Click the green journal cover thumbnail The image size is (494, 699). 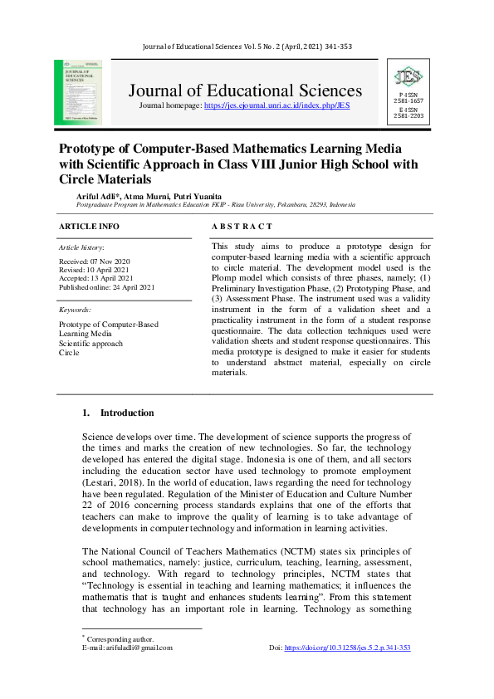[x=78, y=91]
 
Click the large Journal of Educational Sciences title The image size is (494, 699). [x=245, y=90]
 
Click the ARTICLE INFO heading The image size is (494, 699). [x=89, y=227]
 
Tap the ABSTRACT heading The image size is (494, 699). [x=242, y=227]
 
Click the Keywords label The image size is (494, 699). [x=75, y=309]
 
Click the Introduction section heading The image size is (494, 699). [x=127, y=413]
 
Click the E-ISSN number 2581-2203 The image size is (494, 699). [x=408, y=116]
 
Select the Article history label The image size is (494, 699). [x=81, y=248]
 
